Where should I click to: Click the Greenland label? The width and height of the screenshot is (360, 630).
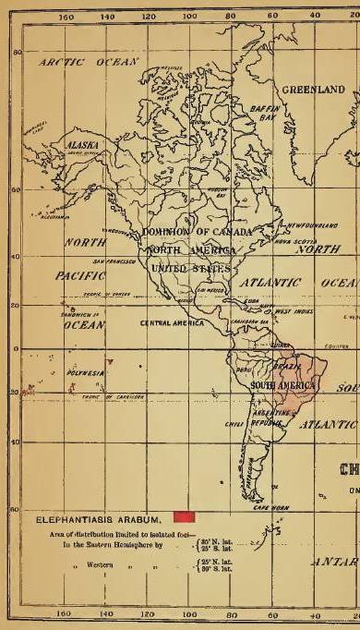312,90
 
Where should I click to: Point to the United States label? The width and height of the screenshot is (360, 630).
181,266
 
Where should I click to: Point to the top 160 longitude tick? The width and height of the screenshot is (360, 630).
66,17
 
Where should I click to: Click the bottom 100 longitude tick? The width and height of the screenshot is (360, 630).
188,612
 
